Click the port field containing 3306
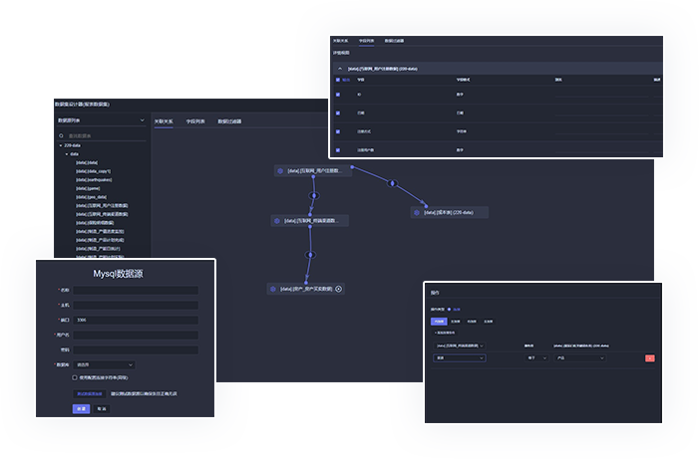point(135,320)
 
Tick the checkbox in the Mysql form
point(74,377)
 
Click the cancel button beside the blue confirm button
point(102,408)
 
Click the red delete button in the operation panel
point(650,358)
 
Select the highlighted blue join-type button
point(439,322)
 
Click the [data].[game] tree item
point(88,187)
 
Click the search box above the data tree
point(100,135)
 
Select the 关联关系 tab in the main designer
point(164,121)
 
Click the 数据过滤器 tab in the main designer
point(229,121)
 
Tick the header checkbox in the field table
point(338,79)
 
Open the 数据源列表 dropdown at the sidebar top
point(100,120)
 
